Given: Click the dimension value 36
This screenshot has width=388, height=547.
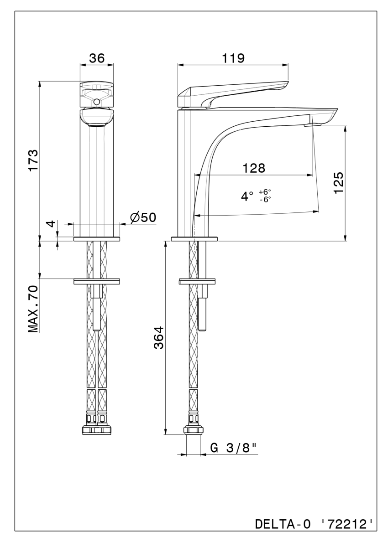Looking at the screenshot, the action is point(97,58).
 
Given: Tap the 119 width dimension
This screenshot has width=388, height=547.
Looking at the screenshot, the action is point(233,58).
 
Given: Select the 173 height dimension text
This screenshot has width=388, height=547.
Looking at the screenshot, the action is point(33,160).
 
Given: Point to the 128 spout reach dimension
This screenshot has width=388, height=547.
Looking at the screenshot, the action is point(254,168).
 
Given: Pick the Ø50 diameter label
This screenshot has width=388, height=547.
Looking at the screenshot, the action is point(143,217).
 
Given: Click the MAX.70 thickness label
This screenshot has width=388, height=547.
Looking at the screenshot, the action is point(33,309).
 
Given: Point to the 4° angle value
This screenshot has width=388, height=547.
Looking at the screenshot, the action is point(247,196).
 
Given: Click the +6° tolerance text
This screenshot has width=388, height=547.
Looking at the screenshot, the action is point(265,192).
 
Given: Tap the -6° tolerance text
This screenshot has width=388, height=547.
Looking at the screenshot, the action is point(266,200).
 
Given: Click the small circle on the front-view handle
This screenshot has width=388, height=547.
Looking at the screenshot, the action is point(97,102).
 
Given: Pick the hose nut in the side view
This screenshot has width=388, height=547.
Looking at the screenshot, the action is point(194,430).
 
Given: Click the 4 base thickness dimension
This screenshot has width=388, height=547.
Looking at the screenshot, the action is point(51,223).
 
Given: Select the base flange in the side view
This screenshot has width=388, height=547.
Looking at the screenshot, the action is point(194,239).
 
